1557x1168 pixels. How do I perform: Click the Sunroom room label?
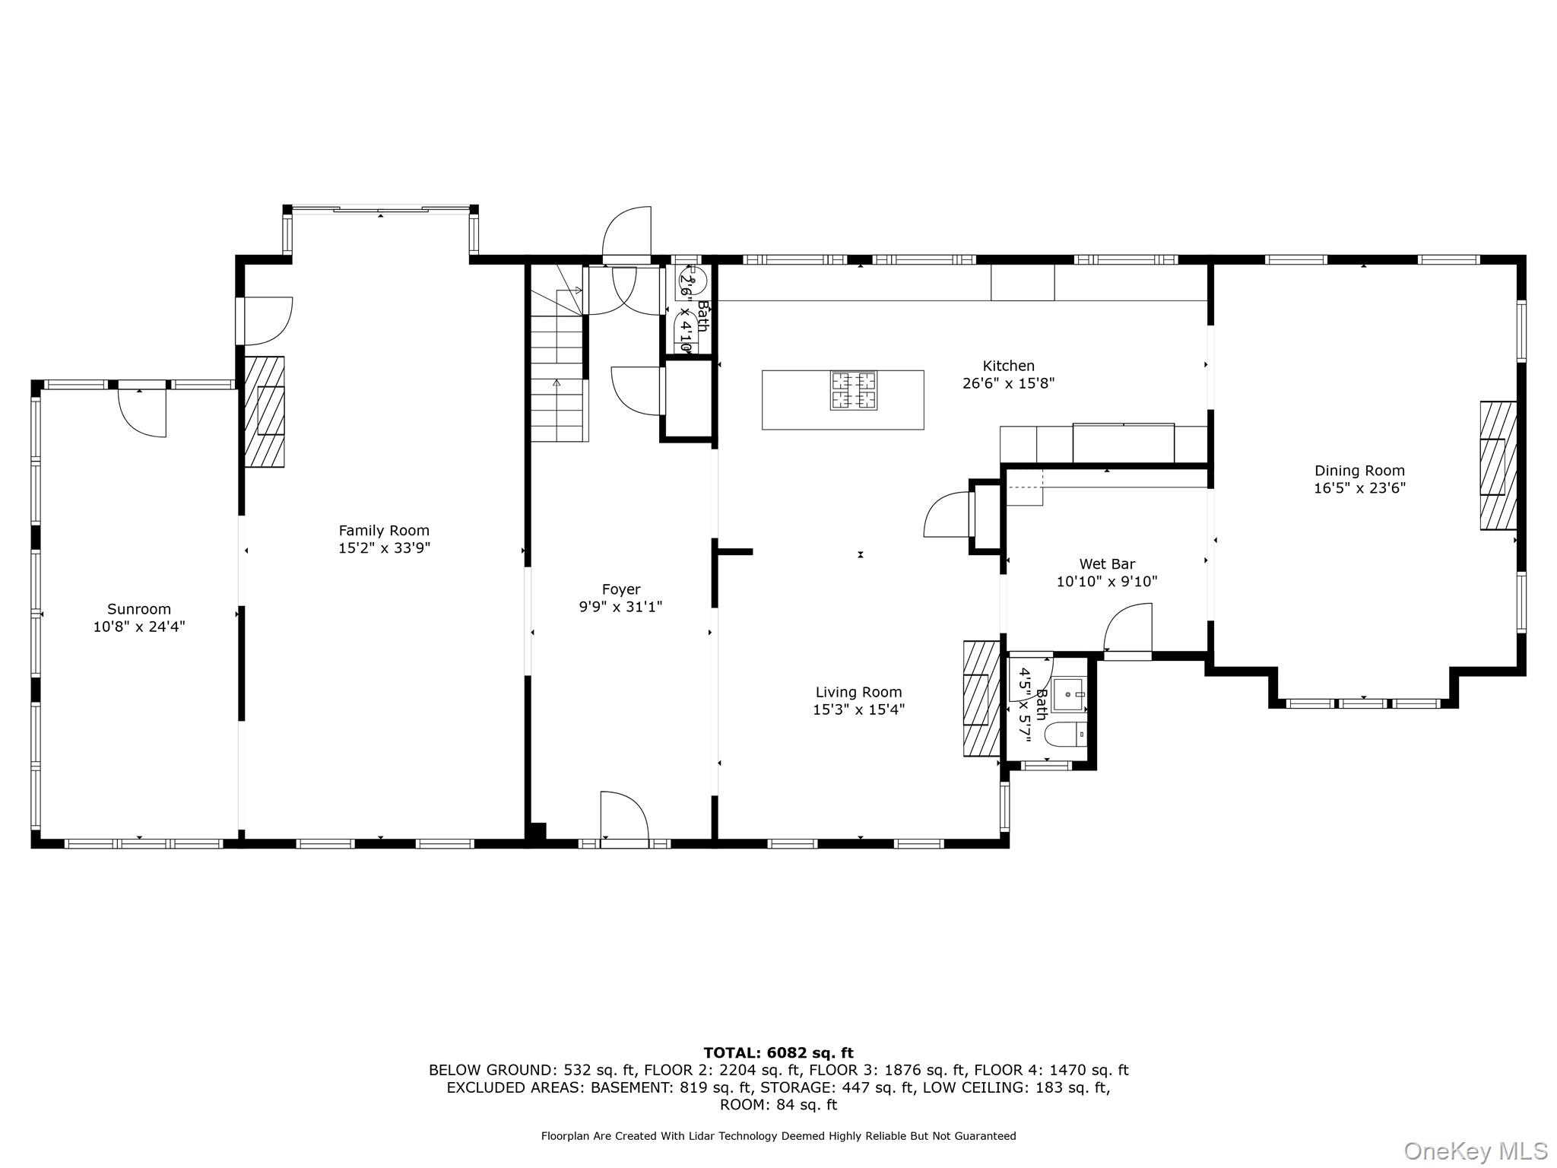139,609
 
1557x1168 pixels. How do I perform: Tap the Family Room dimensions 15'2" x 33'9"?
384,548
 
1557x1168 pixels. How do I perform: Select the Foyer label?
621,589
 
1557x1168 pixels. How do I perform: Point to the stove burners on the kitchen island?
853,390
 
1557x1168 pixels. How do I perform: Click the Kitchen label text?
1008,366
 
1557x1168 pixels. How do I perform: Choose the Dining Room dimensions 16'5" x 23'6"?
1359,488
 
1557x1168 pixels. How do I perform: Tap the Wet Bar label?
1107,564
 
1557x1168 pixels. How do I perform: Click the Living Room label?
858,692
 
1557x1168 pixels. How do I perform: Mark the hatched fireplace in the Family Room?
265,411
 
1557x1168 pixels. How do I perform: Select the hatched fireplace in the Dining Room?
1498,465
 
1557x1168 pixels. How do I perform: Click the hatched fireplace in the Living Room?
981,698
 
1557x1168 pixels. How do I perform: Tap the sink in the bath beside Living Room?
1069,693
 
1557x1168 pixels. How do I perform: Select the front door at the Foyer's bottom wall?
624,818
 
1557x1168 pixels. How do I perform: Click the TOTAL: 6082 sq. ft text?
778,1053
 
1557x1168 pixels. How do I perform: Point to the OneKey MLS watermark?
1475,1151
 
